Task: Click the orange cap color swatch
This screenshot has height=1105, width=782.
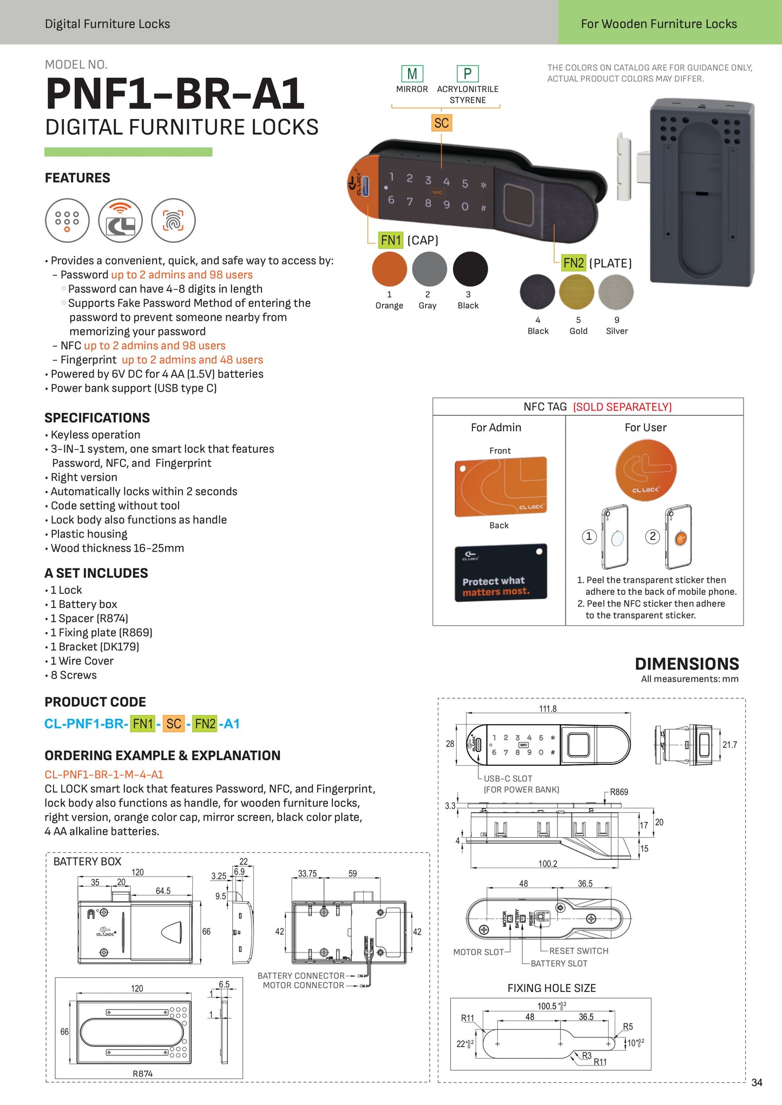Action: [389, 269]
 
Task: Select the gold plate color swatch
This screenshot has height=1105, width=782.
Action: [577, 292]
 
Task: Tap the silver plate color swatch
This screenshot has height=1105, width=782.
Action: [616, 292]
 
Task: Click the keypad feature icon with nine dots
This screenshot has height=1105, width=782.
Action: [67, 221]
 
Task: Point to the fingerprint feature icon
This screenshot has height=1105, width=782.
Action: [173, 221]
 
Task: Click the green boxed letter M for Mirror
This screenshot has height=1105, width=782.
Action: [412, 74]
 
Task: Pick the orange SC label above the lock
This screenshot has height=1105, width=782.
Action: [442, 123]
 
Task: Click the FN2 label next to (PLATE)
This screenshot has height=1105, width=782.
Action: [573, 263]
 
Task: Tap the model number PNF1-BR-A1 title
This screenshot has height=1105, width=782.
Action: [175, 94]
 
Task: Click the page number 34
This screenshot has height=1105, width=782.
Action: [757, 1082]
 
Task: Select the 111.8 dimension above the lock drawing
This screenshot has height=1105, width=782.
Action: [548, 709]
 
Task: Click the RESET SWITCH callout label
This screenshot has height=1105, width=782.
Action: [579, 951]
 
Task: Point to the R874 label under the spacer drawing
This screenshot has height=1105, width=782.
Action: [142, 1074]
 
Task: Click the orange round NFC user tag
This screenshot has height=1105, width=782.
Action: [646, 470]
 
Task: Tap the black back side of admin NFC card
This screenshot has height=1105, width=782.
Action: [501, 573]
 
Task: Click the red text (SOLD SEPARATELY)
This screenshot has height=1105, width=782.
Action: [622, 407]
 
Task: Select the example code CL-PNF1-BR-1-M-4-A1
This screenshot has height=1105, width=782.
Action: [104, 775]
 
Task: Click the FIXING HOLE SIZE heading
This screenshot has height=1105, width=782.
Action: [551, 988]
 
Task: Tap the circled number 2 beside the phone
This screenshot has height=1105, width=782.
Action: [653, 537]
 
